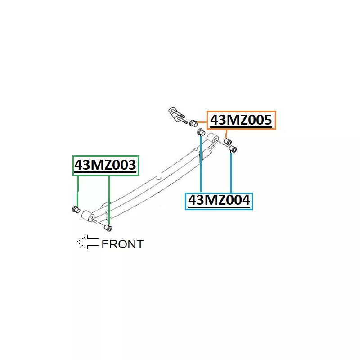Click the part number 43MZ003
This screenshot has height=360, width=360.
(x=105, y=165)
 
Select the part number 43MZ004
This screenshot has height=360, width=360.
(x=219, y=200)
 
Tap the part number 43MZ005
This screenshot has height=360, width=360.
(x=241, y=120)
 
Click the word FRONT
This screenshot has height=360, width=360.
(x=122, y=244)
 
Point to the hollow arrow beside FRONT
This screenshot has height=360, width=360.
(x=88, y=242)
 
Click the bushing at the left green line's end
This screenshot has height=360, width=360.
(x=76, y=209)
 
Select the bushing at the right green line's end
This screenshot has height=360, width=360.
(x=108, y=228)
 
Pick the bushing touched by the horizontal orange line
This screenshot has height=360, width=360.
(x=193, y=123)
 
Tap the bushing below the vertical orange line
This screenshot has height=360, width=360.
(x=228, y=142)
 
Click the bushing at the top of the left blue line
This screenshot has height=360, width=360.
(x=201, y=132)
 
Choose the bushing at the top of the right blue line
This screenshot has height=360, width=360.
(x=233, y=149)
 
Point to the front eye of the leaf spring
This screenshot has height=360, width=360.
(x=88, y=216)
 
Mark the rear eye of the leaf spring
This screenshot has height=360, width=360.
(x=212, y=138)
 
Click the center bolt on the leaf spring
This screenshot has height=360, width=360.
(x=158, y=178)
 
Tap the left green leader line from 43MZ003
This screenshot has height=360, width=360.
(x=78, y=191)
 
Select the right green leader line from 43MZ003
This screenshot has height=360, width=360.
(x=109, y=201)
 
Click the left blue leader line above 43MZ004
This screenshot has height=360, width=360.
(x=201, y=164)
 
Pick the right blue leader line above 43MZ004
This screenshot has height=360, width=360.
(x=231, y=172)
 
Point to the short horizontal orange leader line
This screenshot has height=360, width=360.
(x=202, y=122)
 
